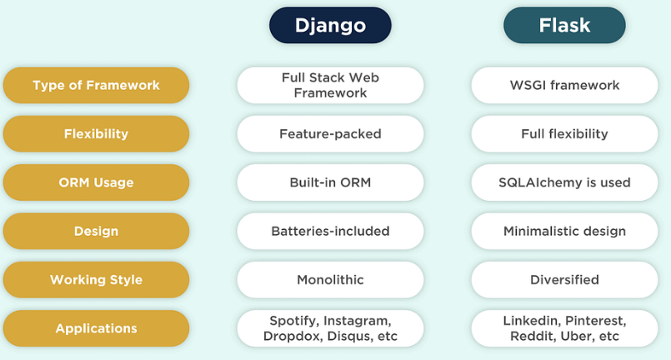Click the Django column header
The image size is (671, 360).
330,25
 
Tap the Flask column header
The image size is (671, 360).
564,25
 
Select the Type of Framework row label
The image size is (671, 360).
96,85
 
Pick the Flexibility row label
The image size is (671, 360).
96,133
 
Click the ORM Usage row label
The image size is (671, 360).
96,182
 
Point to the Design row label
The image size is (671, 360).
96,231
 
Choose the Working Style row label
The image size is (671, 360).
96,279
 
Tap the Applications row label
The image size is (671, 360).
96,328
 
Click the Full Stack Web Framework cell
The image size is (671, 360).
330,85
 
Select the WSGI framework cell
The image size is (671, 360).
564,85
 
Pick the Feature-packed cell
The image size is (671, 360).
330,133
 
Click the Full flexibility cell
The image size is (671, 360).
564,133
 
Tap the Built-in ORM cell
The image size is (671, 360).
330,182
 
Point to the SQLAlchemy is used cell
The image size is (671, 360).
564,182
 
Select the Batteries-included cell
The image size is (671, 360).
330,231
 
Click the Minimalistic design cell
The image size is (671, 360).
564,231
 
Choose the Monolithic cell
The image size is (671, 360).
330,279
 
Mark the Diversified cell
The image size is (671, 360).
564,279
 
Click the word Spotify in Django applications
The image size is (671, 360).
292,321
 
